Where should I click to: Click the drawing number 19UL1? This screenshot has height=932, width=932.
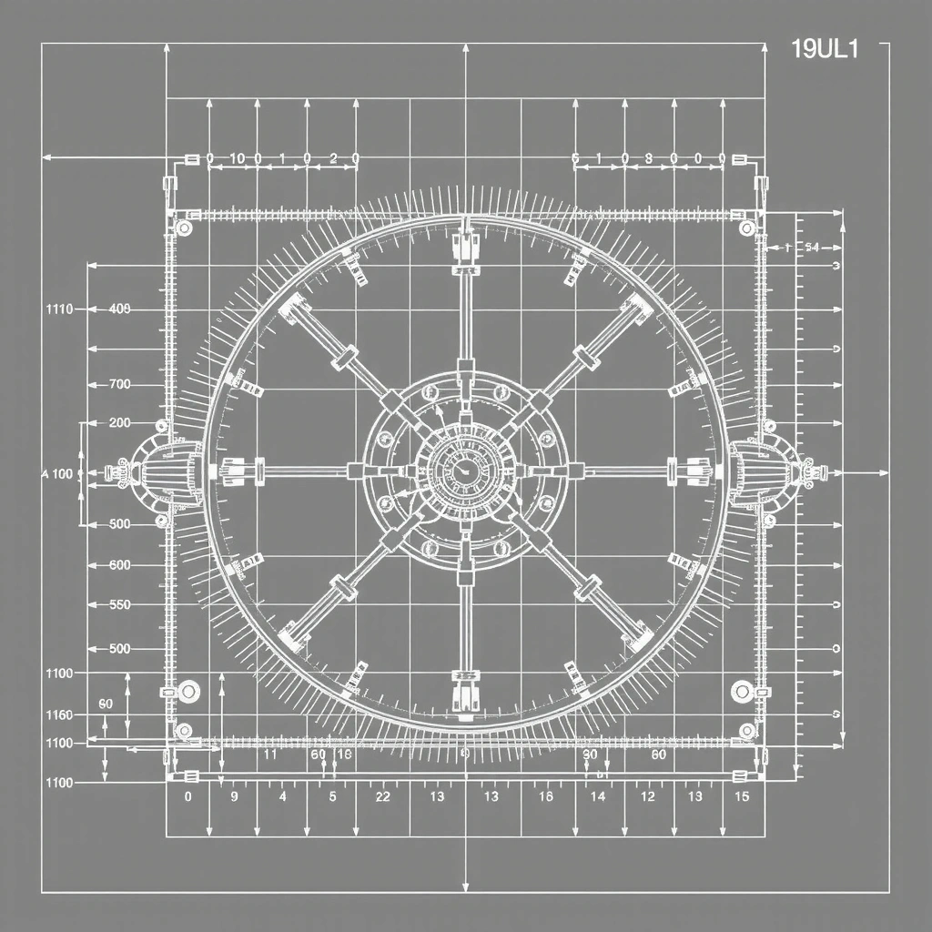825,50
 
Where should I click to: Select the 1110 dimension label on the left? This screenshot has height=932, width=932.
58,309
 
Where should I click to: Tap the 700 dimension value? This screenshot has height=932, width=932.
119,384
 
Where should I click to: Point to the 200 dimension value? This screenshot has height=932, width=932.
119,423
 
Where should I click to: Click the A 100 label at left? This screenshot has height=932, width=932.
57,474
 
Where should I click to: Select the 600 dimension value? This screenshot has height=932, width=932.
119,565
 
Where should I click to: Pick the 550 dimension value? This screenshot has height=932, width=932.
119,604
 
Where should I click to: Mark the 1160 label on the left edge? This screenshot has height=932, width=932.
58,715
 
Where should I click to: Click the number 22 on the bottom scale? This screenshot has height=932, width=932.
382,796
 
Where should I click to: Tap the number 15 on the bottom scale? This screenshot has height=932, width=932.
742,796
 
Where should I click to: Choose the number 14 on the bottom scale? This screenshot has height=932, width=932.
598,796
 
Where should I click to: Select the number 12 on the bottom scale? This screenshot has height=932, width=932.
647,796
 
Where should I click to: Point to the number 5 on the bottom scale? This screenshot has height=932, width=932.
332,796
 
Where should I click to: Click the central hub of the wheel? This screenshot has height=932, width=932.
465,471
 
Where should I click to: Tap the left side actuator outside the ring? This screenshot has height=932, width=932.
159,471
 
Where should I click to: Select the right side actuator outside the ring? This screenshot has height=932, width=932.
770,471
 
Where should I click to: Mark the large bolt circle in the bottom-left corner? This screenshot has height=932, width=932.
188,692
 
